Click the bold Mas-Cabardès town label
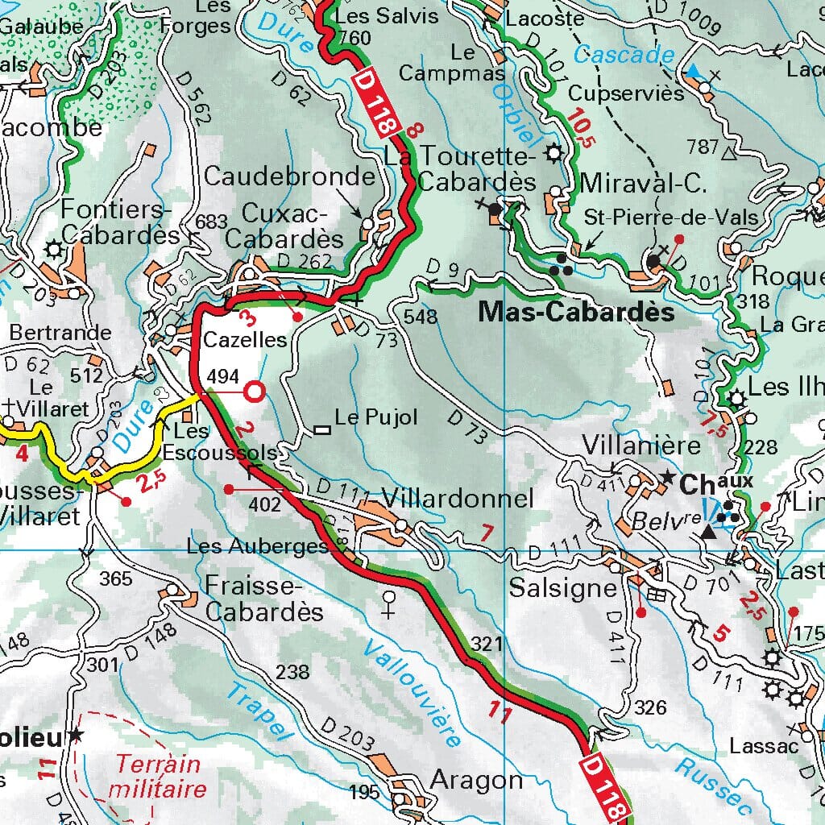576,312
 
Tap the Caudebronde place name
289,176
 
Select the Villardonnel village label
458,499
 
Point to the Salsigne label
562,588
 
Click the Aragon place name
477,779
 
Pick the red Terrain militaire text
160,775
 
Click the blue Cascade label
624,55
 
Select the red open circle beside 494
254,392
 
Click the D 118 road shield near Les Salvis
375,100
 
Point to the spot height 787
702,147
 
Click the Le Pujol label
376,417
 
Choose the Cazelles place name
245,340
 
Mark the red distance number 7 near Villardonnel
486,533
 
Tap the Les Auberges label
257,546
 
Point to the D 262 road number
304,260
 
